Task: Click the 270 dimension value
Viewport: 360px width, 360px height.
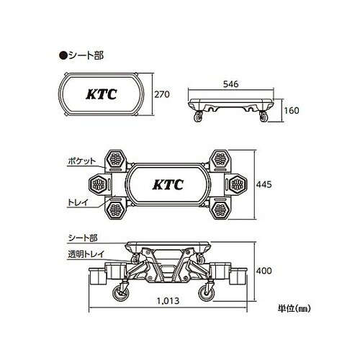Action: (x=162, y=94)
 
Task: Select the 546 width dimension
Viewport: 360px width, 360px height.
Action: (x=231, y=84)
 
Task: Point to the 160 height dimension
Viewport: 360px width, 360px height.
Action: (x=292, y=110)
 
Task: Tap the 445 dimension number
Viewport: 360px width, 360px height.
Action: (x=264, y=184)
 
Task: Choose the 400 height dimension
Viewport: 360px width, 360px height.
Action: (x=264, y=271)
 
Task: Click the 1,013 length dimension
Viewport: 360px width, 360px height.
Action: (x=168, y=300)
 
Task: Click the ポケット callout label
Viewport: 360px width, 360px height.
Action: (x=81, y=161)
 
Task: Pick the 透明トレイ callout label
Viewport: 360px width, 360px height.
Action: (x=86, y=254)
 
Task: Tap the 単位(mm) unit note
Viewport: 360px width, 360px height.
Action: (x=294, y=308)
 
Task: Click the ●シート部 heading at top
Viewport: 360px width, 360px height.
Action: (x=81, y=55)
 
